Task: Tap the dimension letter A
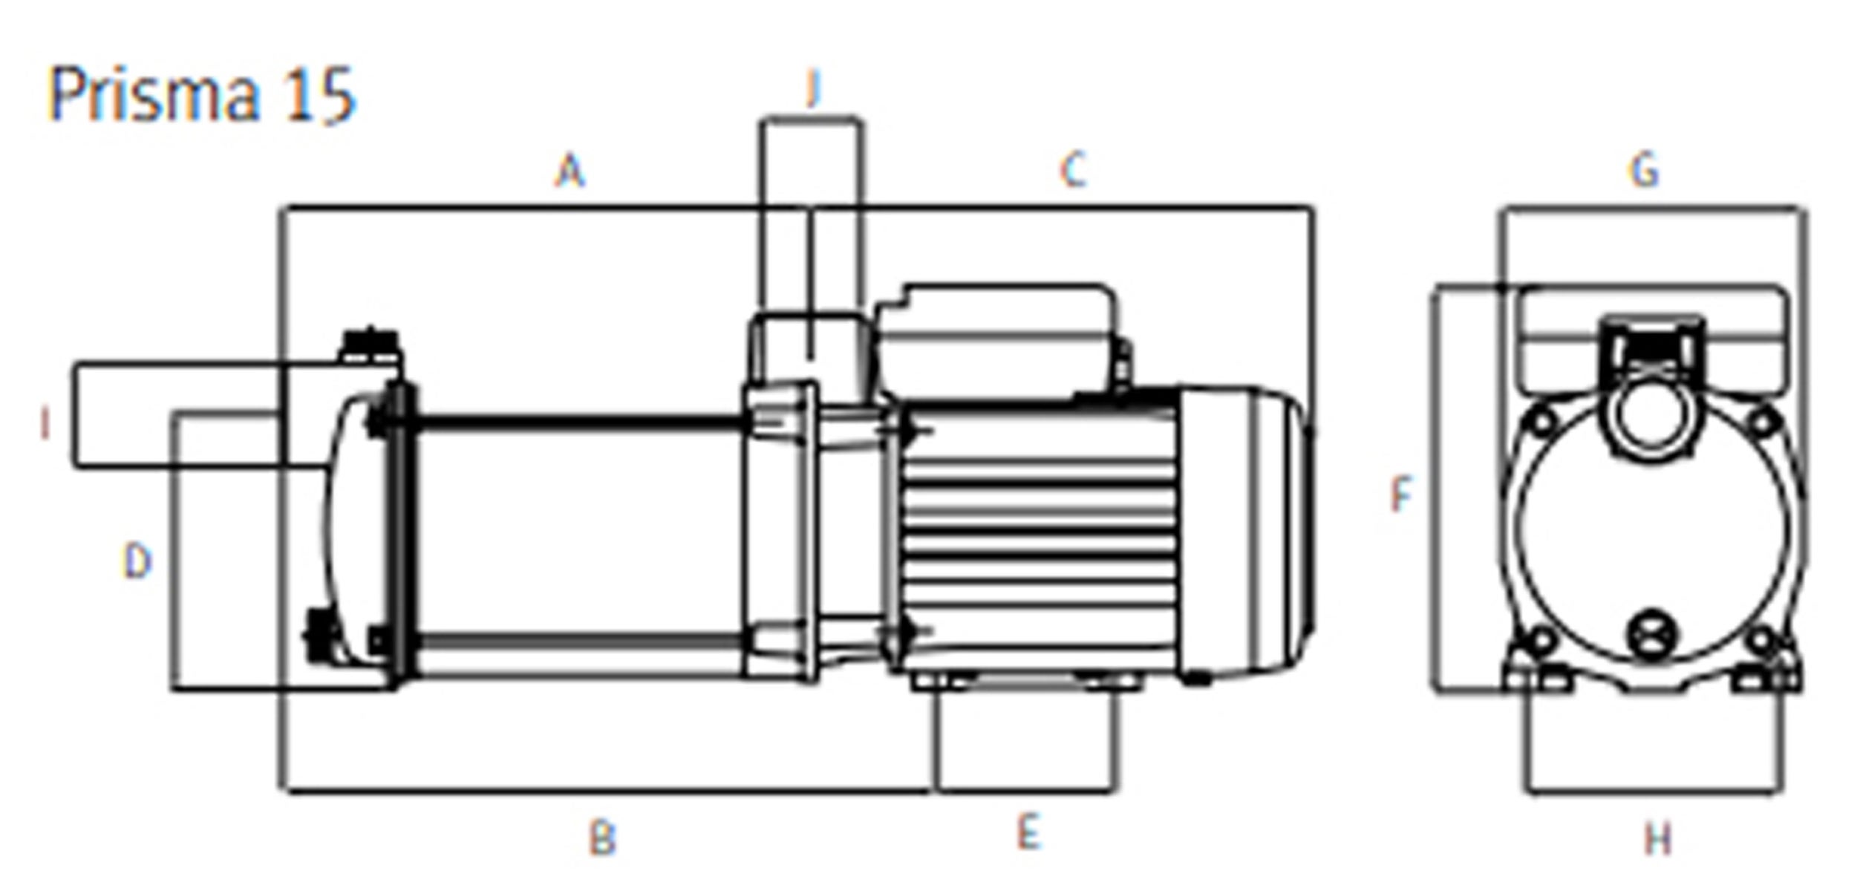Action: [x=570, y=171]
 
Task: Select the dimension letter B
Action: [x=602, y=840]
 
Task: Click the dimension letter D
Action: [x=137, y=562]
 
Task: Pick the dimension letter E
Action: [x=1028, y=832]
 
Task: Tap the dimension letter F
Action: [x=1400, y=495]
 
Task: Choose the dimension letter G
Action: [x=1644, y=170]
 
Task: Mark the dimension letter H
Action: [x=1658, y=840]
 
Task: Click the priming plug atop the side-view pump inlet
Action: [x=369, y=347]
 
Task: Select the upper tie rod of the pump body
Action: [x=579, y=424]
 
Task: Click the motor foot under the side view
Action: [x=1025, y=681]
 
